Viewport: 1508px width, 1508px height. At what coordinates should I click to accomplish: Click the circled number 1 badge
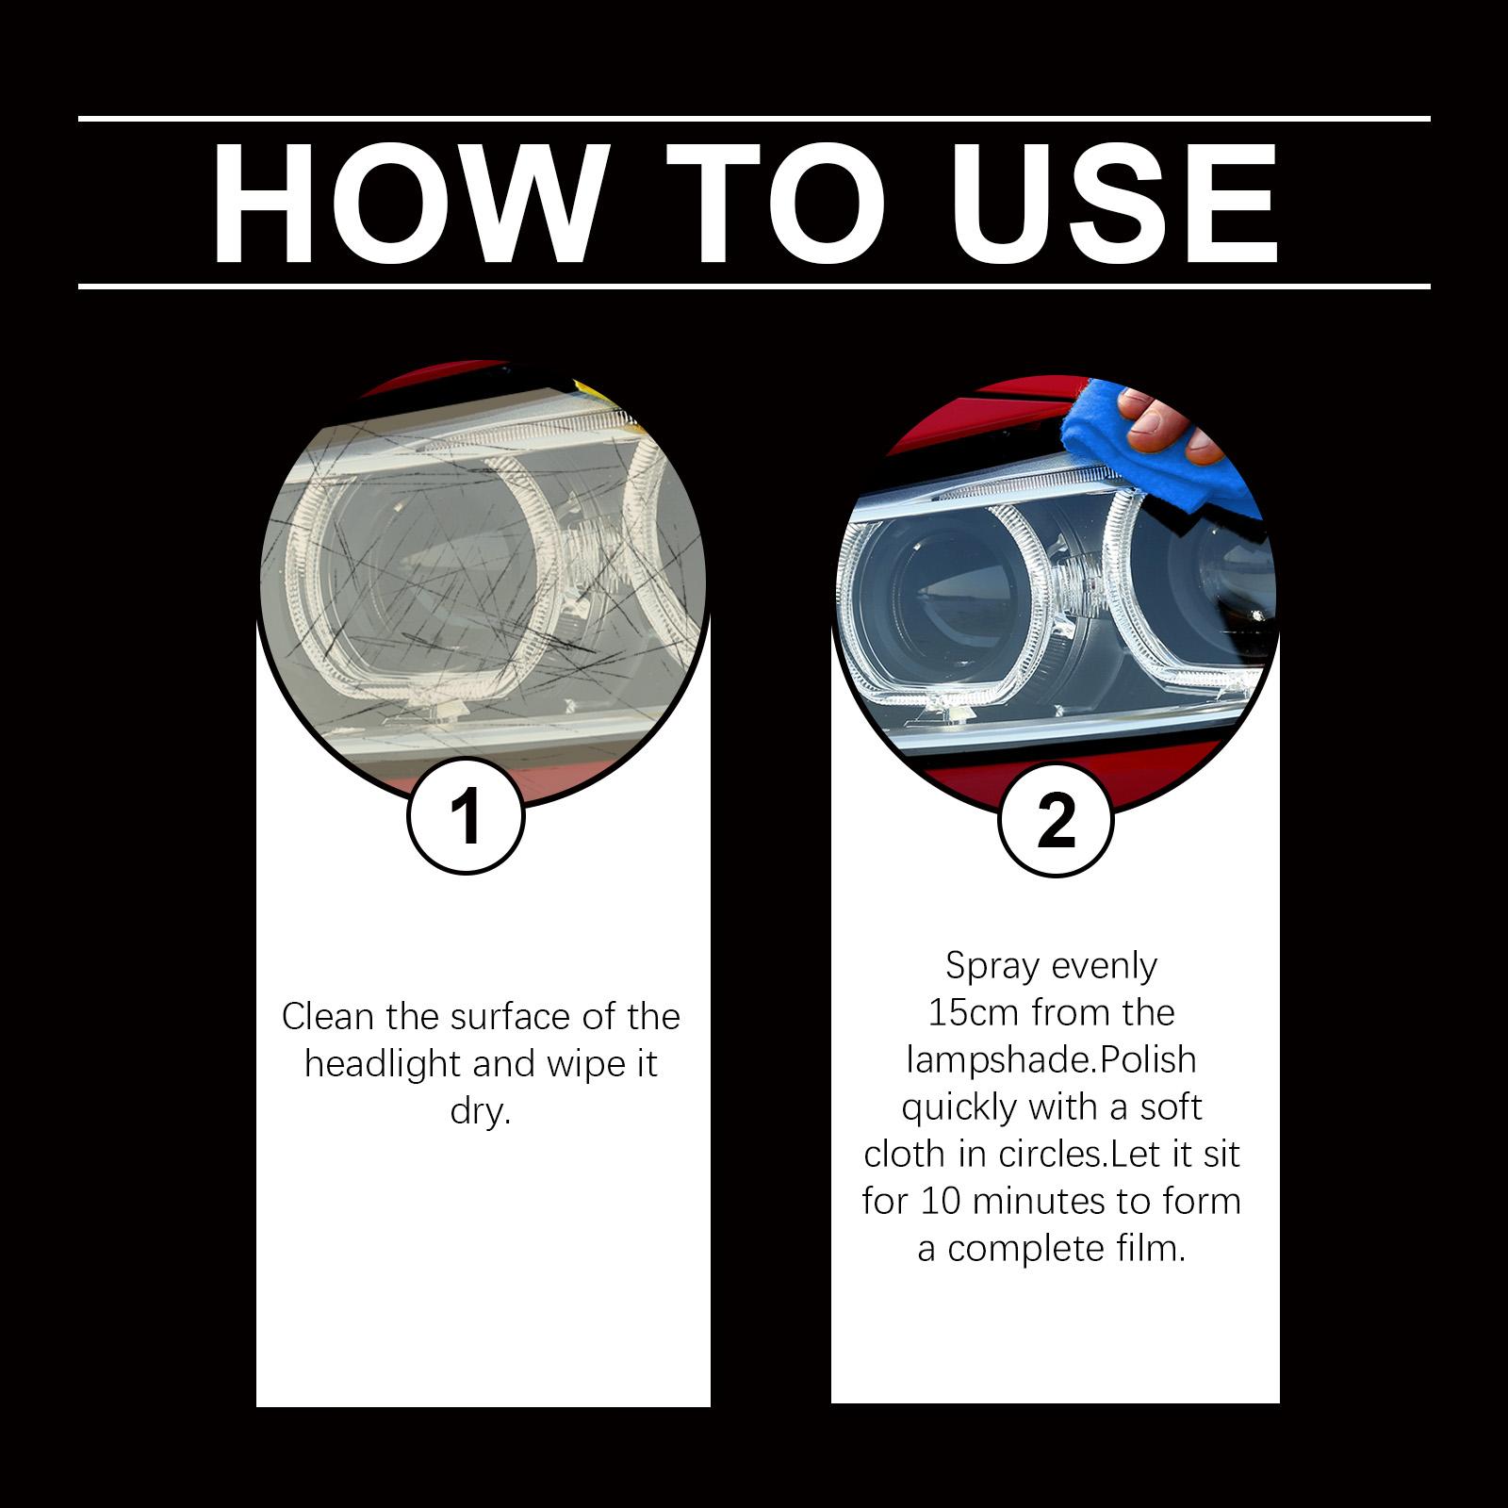(x=466, y=816)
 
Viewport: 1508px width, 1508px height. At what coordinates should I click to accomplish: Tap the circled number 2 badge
(x=1056, y=821)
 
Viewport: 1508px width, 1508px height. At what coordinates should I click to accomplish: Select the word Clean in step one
(x=329, y=1017)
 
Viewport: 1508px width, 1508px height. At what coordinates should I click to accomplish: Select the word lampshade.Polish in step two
(x=1051, y=1060)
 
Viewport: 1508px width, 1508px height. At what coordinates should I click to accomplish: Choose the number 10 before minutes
(x=941, y=1202)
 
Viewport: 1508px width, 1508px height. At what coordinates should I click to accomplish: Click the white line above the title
(x=754, y=119)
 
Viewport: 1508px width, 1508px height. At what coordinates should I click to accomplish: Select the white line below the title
(x=754, y=286)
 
